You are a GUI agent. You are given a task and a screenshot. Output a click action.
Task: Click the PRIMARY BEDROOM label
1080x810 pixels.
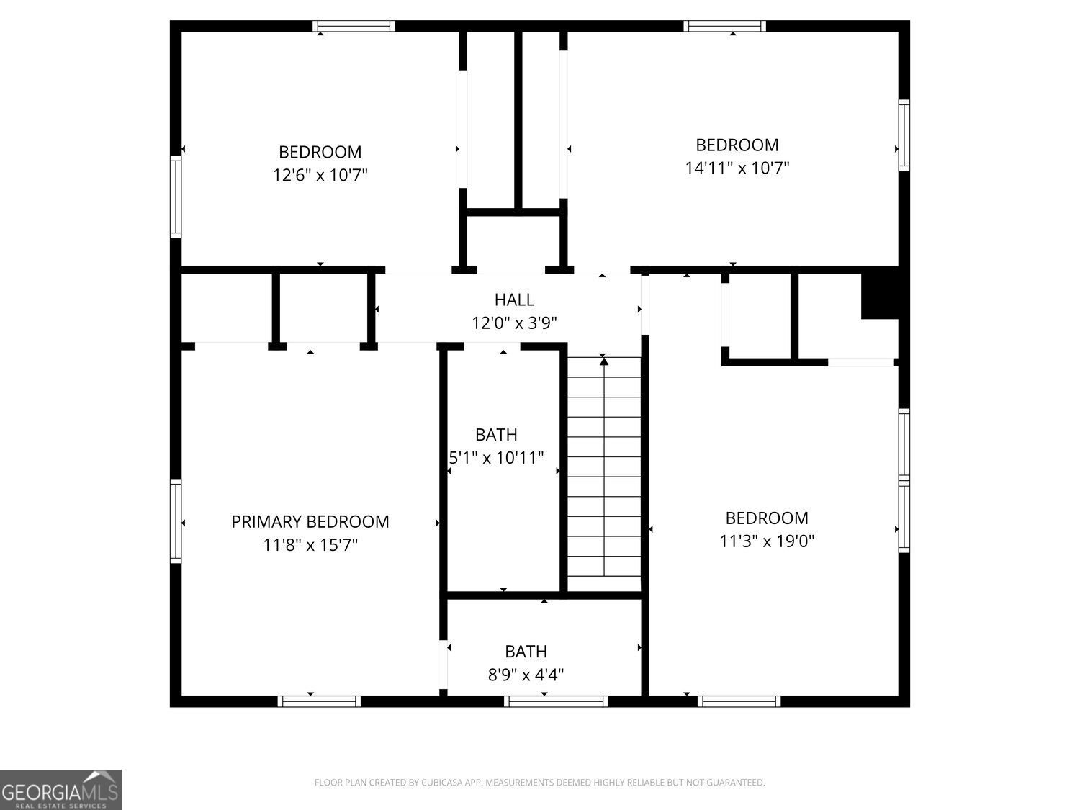click(x=310, y=522)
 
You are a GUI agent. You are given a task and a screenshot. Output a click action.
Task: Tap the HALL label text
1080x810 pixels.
click(x=514, y=300)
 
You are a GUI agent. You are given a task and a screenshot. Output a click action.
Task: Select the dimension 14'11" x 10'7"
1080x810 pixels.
click(x=737, y=168)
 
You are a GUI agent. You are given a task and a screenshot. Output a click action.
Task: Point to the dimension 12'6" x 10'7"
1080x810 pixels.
click(x=320, y=175)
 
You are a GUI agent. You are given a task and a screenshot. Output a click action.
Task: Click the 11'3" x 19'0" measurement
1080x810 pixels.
click(x=767, y=541)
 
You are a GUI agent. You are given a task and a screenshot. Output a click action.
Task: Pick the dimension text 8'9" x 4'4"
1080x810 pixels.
click(x=526, y=675)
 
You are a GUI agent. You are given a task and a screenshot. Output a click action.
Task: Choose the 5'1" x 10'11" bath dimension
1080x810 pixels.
click(x=497, y=458)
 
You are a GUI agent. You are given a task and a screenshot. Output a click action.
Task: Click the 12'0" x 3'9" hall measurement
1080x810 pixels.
click(x=514, y=323)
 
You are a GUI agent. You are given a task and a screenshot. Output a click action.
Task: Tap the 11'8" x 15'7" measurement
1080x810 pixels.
click(x=310, y=545)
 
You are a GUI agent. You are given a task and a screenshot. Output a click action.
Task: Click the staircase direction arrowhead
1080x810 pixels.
click(x=604, y=361)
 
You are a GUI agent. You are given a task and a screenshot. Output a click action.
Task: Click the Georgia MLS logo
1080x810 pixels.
click(x=60, y=790)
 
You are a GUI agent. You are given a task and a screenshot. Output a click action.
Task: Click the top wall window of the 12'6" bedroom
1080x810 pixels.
click(x=354, y=26)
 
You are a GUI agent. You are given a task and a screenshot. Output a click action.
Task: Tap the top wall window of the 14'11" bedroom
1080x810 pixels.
click(x=724, y=26)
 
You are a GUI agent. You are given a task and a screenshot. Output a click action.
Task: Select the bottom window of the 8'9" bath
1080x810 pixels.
click(x=556, y=701)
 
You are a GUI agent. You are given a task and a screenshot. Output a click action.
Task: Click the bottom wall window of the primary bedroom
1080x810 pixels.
click(x=319, y=701)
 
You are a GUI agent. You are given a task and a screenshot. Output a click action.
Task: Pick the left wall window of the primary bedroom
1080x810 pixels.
click(x=176, y=521)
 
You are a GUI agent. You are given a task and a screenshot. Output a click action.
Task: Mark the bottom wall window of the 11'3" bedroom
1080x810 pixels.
click(x=739, y=701)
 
